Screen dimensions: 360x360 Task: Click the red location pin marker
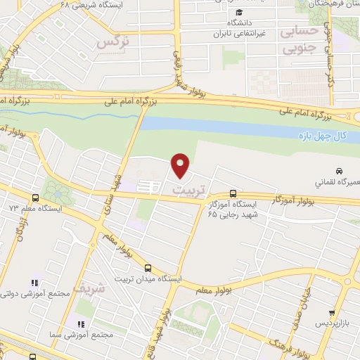coord(181,166)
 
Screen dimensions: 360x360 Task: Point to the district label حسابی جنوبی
coord(300,41)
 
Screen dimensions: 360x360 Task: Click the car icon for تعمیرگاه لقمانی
coord(339,171)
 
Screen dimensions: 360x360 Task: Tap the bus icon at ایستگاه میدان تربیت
coord(148,267)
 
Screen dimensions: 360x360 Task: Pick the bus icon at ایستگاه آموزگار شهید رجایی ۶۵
coord(233,193)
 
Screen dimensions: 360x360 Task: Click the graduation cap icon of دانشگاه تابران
coord(239,13)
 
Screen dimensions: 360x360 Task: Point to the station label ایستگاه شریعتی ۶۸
coord(78,4)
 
